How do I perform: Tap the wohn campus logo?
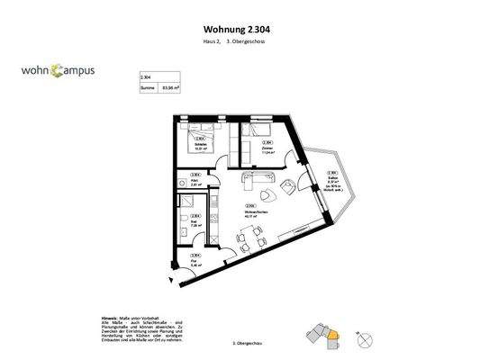pos(59,69)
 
